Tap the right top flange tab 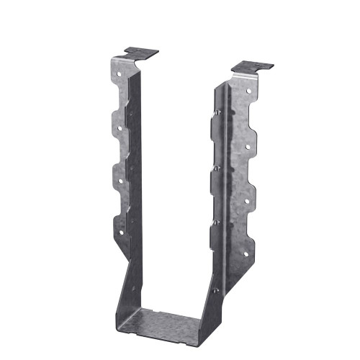[x=255, y=67]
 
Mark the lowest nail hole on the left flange [x=120, y=232]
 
